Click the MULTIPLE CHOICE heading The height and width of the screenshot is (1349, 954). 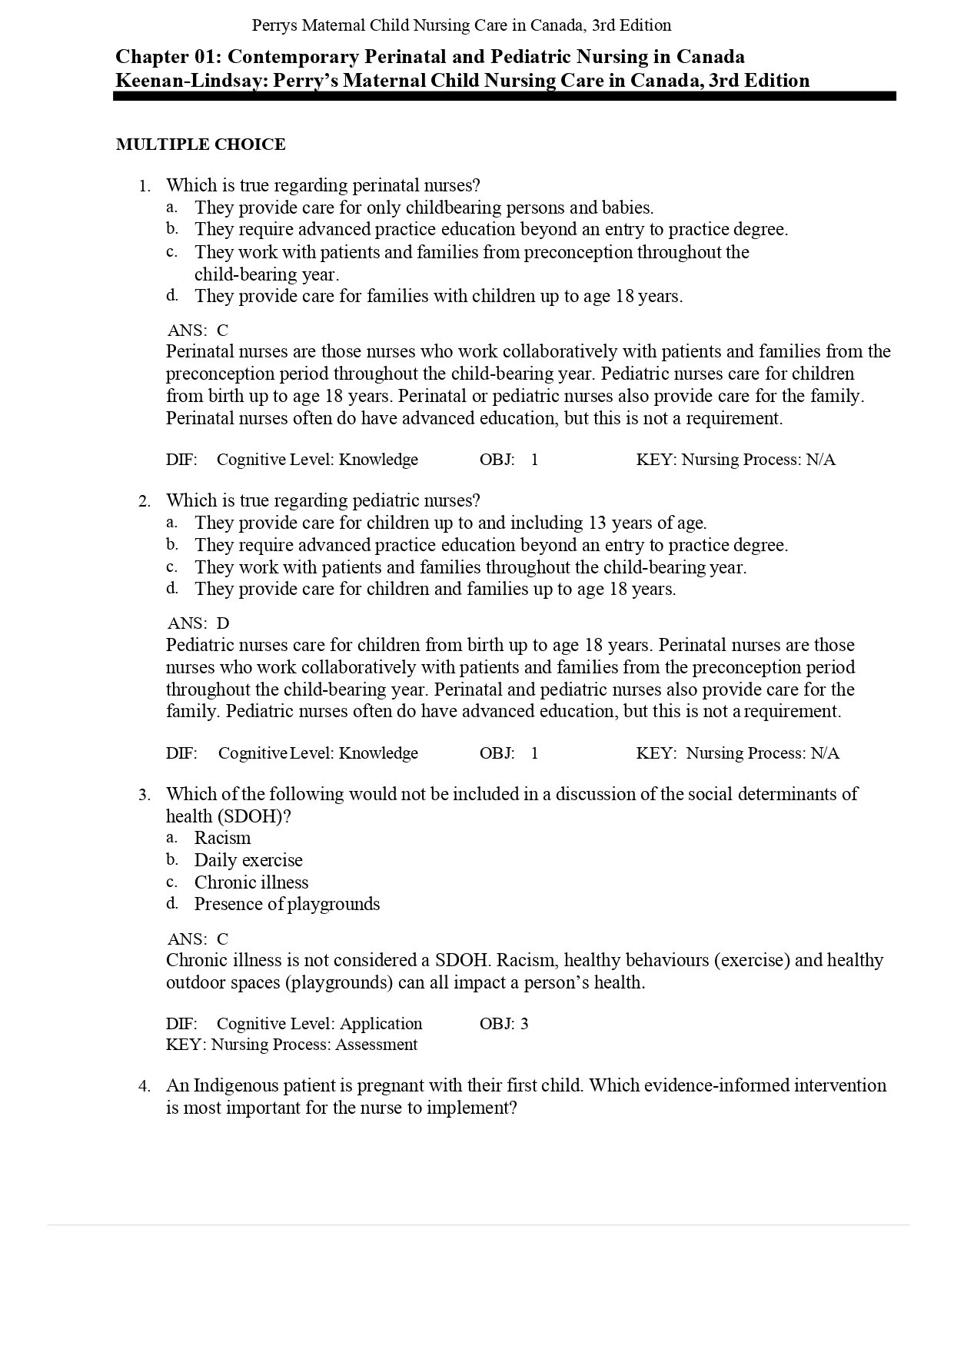201,145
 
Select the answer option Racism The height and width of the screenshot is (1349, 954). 222,838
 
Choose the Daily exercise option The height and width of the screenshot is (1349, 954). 248,860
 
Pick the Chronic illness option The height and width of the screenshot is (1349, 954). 251,882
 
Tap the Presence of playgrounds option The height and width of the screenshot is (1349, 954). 287,904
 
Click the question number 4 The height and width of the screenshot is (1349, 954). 144,1086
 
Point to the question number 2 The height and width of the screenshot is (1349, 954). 144,501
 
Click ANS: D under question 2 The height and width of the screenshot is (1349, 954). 198,623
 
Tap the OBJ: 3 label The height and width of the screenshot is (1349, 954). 504,1024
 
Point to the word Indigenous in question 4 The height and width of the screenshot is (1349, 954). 237,1085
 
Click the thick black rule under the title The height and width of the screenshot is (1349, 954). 504,97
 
